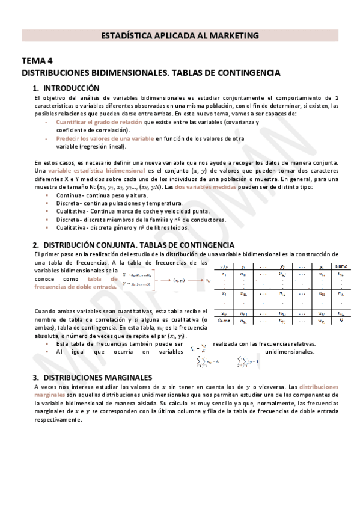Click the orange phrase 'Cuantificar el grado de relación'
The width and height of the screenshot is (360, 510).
tap(96, 122)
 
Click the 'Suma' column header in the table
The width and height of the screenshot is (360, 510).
tap(341, 266)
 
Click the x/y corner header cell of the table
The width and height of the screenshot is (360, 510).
tap(224, 266)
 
